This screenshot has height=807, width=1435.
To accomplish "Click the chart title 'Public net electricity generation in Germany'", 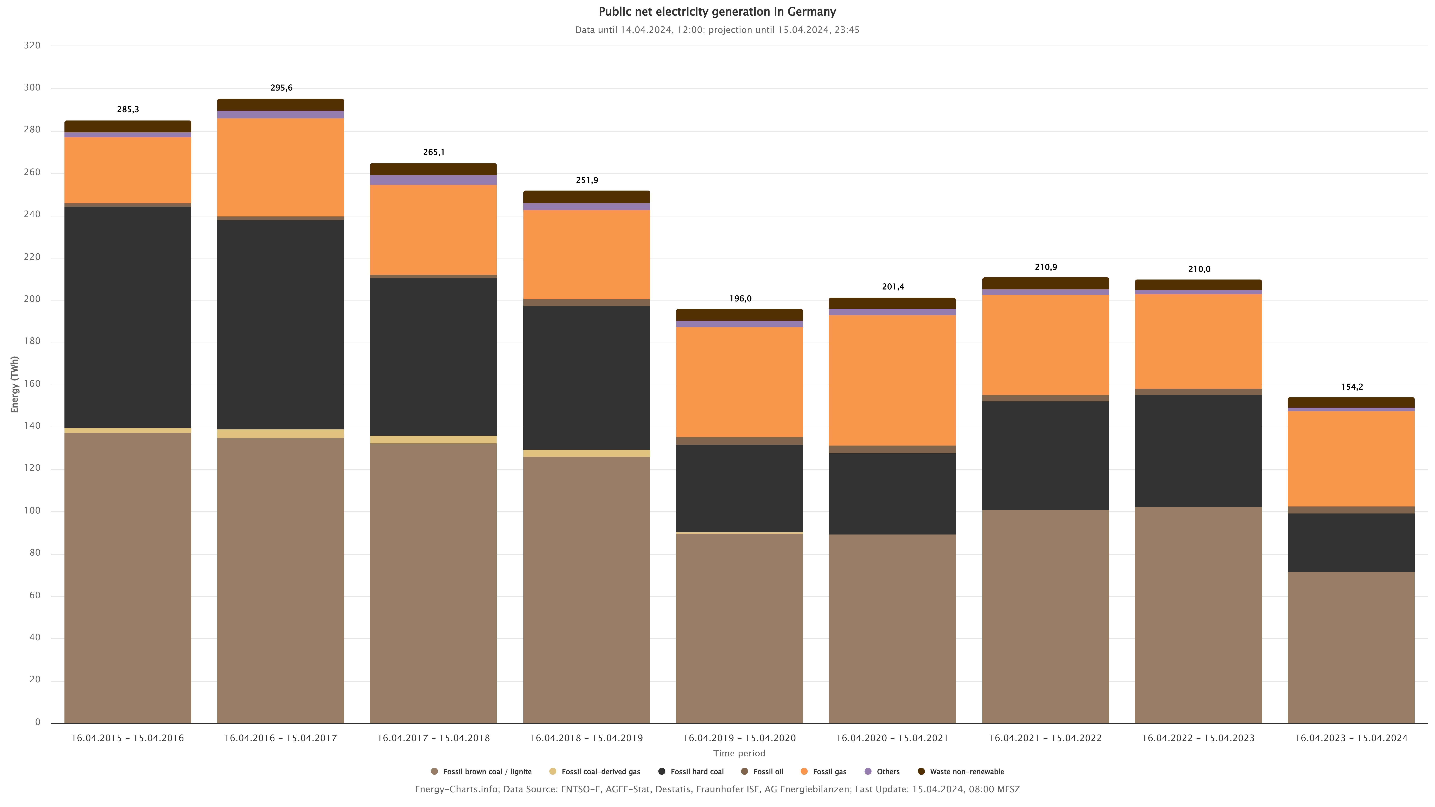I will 717,12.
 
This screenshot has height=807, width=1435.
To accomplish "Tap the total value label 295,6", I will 281,88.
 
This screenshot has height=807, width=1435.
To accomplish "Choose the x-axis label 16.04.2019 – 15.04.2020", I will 739,738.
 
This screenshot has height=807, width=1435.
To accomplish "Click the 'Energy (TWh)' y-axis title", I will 15,384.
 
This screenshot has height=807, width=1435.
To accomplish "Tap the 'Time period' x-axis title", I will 739,754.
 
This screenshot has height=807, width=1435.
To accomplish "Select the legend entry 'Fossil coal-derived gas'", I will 600,771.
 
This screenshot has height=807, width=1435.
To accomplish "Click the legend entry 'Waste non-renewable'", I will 967,771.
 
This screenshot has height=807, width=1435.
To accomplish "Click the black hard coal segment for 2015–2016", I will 128,318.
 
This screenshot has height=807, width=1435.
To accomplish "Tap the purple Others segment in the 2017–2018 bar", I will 433,180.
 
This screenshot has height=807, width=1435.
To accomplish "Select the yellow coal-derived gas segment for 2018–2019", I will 587,453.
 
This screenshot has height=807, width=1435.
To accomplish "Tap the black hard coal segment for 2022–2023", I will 1198,451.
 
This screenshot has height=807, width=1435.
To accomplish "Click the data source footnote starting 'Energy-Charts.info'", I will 717,789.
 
